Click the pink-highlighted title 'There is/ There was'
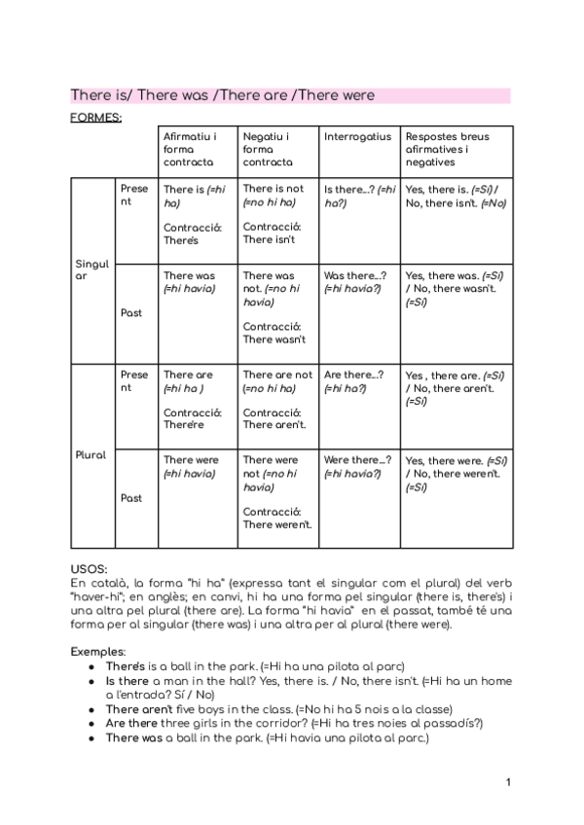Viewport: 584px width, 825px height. coord(222,95)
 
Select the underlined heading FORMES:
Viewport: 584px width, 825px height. coord(95,118)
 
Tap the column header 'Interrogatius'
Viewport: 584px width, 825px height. coord(357,137)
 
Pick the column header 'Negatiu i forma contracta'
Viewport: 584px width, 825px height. coord(266,150)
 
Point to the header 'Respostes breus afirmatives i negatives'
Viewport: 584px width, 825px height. coord(447,150)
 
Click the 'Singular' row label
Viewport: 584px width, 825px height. coord(92,269)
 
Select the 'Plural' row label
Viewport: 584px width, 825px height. coord(91,454)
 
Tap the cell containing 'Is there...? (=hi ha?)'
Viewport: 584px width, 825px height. coord(359,197)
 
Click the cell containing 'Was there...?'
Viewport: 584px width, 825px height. coord(355,282)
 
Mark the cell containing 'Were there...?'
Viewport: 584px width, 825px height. coord(357,467)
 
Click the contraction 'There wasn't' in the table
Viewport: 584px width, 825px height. coord(274,340)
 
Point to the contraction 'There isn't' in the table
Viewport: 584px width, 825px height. coord(270,239)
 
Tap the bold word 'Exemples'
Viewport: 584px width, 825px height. coord(97,651)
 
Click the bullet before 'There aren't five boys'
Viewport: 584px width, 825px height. coord(91,709)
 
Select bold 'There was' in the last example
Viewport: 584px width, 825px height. coord(133,737)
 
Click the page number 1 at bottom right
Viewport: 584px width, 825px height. coord(508,782)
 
